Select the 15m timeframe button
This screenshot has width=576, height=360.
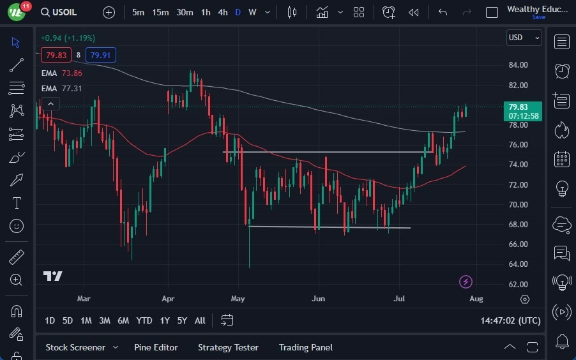[x=160, y=12]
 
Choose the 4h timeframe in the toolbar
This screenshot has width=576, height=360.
[x=222, y=12]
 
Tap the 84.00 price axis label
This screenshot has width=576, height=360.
[x=518, y=64]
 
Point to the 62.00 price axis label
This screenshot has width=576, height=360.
[x=518, y=284]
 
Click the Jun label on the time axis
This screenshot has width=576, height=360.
[x=318, y=298]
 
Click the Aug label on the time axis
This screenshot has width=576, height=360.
[x=476, y=298]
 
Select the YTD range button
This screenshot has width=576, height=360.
[x=144, y=320]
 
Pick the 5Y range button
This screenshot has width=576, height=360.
[x=182, y=320]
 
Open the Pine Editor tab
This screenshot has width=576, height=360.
[x=156, y=347]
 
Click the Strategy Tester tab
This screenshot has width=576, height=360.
[x=228, y=347]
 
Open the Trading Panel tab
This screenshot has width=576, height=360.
[x=306, y=347]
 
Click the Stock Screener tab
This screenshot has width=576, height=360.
[x=75, y=347]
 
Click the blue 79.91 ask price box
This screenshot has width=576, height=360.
[x=100, y=55]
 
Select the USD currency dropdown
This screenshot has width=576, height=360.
[x=523, y=38]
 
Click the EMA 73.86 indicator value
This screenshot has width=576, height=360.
[x=71, y=73]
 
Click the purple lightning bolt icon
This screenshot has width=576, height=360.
[x=466, y=281]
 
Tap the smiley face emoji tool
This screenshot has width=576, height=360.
[x=17, y=225]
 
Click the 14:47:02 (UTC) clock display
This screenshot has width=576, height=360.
[x=510, y=320]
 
